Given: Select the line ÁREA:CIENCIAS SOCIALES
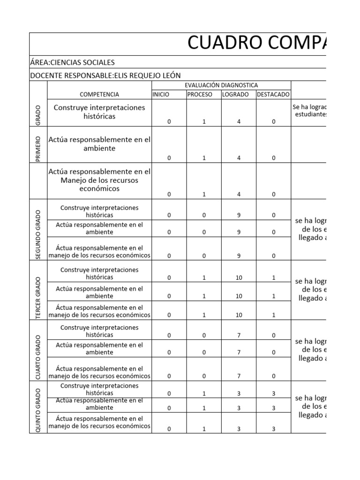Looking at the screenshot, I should click(72, 62).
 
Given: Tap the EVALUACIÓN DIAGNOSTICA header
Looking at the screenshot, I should click(221, 85).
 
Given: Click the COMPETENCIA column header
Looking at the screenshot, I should click(99, 94).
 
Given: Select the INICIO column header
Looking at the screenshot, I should click(161, 94).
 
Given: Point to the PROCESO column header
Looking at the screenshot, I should click(200, 94).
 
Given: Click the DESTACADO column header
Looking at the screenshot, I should click(273, 94).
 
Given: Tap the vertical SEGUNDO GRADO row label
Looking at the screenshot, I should click(38, 234).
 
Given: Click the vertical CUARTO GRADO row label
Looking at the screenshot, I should click(38, 357).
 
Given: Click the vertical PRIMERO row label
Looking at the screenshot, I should click(38, 149).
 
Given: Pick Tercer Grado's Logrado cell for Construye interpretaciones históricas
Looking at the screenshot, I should click(239, 277).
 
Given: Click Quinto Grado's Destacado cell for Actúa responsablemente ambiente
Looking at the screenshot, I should click(274, 408).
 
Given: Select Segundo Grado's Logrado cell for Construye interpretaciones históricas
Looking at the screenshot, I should click(239, 215).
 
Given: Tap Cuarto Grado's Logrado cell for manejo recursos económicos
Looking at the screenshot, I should click(239, 376).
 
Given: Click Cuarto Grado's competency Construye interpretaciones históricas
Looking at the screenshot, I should click(99, 331).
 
